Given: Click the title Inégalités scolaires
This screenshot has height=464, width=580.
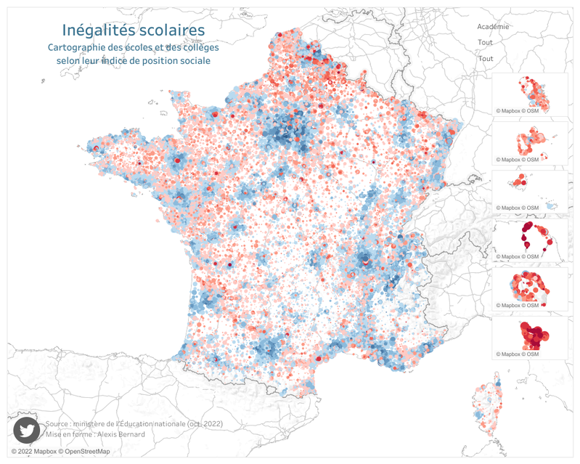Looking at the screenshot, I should pos(133,30).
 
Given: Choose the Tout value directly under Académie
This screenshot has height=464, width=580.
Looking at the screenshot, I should pos(486,43).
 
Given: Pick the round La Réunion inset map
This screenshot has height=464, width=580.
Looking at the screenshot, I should pos(530,290).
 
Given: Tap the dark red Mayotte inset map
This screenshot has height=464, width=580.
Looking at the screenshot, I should pos(530,336).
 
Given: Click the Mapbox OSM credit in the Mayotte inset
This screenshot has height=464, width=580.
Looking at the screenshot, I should pos(518,354).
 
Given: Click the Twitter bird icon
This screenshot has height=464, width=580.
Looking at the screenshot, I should pos(27,429).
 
